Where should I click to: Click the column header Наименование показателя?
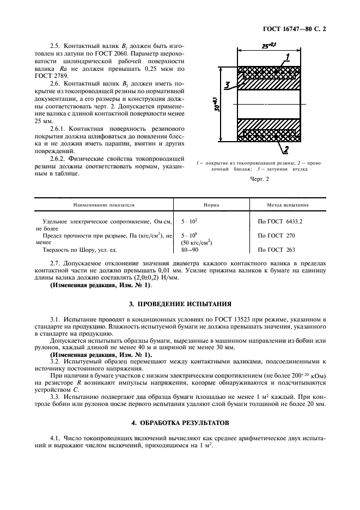point(103,205)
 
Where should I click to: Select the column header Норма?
point(211,205)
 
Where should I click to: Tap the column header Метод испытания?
point(288,205)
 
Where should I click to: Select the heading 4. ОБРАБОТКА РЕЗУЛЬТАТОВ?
point(180,422)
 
